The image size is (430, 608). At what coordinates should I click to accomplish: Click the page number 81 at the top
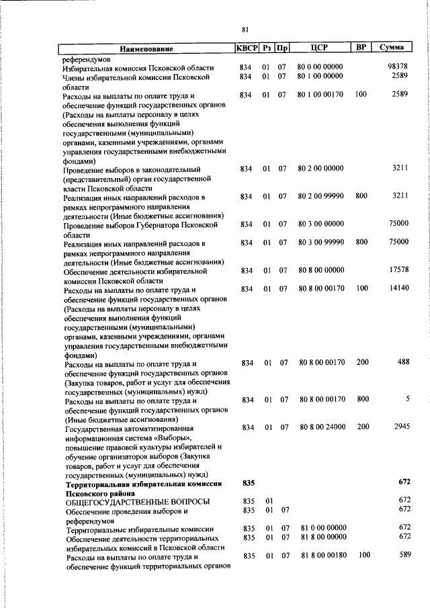tap(245, 28)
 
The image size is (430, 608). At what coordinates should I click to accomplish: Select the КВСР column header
tap(247, 48)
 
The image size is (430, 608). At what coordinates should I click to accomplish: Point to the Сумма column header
tap(392, 48)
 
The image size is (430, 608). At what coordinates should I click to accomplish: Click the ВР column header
tap(361, 48)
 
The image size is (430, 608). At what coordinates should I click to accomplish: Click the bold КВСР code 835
tap(248, 482)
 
